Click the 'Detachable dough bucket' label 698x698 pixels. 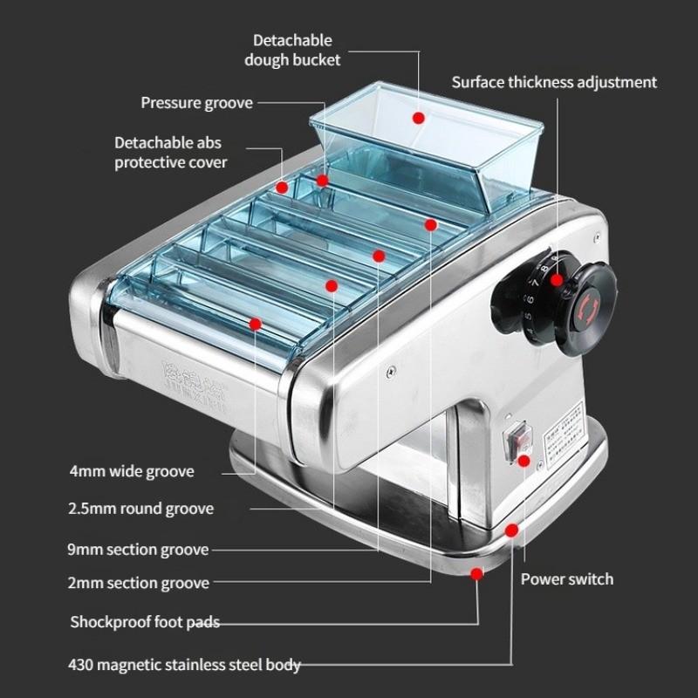pos(292,50)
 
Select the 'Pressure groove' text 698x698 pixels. pos(196,103)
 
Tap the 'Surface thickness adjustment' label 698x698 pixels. pos(553,82)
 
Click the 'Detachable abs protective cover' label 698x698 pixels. pos(170,152)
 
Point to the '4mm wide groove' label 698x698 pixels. pos(131,471)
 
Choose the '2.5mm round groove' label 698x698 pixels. pos(140,508)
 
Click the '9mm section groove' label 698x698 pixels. pos(138,550)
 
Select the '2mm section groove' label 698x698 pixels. pos(138,583)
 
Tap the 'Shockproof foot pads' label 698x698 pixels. pos(144,622)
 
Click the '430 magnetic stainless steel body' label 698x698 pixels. pos(184,664)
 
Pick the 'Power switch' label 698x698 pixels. pos(566,578)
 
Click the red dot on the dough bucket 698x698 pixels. pos(418,117)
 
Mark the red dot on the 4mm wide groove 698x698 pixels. pos(256,324)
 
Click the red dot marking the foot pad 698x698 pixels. pos(476,573)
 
